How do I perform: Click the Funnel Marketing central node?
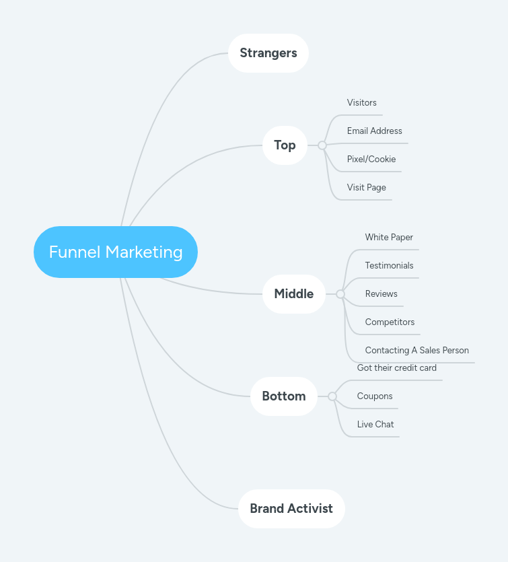pyautogui.click(x=116, y=252)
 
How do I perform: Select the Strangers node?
pyautogui.click(x=268, y=53)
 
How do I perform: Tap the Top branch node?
pyautogui.click(x=285, y=145)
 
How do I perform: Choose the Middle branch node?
pyautogui.click(x=293, y=294)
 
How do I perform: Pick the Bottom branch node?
pyautogui.click(x=283, y=396)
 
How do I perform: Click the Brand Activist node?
pyautogui.click(x=291, y=509)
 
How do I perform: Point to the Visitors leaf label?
pyautogui.click(x=362, y=103)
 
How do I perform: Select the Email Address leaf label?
pyautogui.click(x=375, y=131)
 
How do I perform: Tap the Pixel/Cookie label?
pyautogui.click(x=371, y=160)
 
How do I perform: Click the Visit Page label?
pyautogui.click(x=367, y=188)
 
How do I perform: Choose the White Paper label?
pyautogui.click(x=389, y=238)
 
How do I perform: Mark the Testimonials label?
pyautogui.click(x=389, y=266)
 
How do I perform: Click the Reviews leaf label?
pyautogui.click(x=381, y=294)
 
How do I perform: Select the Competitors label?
pyautogui.click(x=390, y=322)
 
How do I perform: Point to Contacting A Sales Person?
pyautogui.click(x=416, y=351)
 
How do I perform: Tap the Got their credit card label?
pyautogui.click(x=397, y=368)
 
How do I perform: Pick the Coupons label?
pyautogui.click(x=375, y=396)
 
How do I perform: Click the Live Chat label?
pyautogui.click(x=375, y=425)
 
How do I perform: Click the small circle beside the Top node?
pyautogui.click(x=322, y=145)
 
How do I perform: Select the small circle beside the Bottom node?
pyautogui.click(x=332, y=396)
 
